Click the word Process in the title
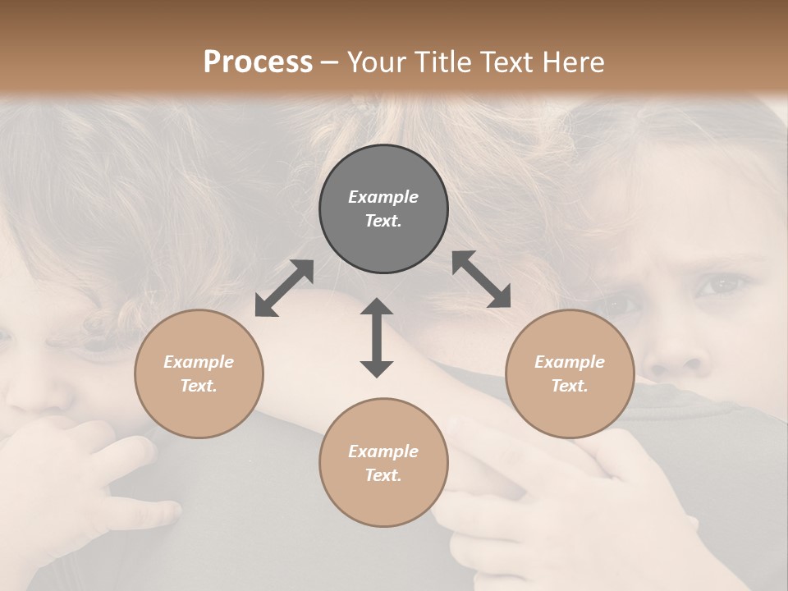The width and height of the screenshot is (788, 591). coord(258,62)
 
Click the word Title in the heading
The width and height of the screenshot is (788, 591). coord(445,62)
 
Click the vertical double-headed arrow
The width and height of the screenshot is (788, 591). coord(377,337)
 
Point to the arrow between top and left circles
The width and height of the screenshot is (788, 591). coord(284,288)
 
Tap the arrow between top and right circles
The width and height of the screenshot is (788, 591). coord(481,279)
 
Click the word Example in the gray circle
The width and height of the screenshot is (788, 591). coord(383,197)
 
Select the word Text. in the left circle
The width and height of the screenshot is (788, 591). coord(199,386)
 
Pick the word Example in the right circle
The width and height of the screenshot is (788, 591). coord(570,362)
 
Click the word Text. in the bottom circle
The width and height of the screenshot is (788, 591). coord(383,475)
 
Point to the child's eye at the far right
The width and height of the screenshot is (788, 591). coord(721,286)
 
